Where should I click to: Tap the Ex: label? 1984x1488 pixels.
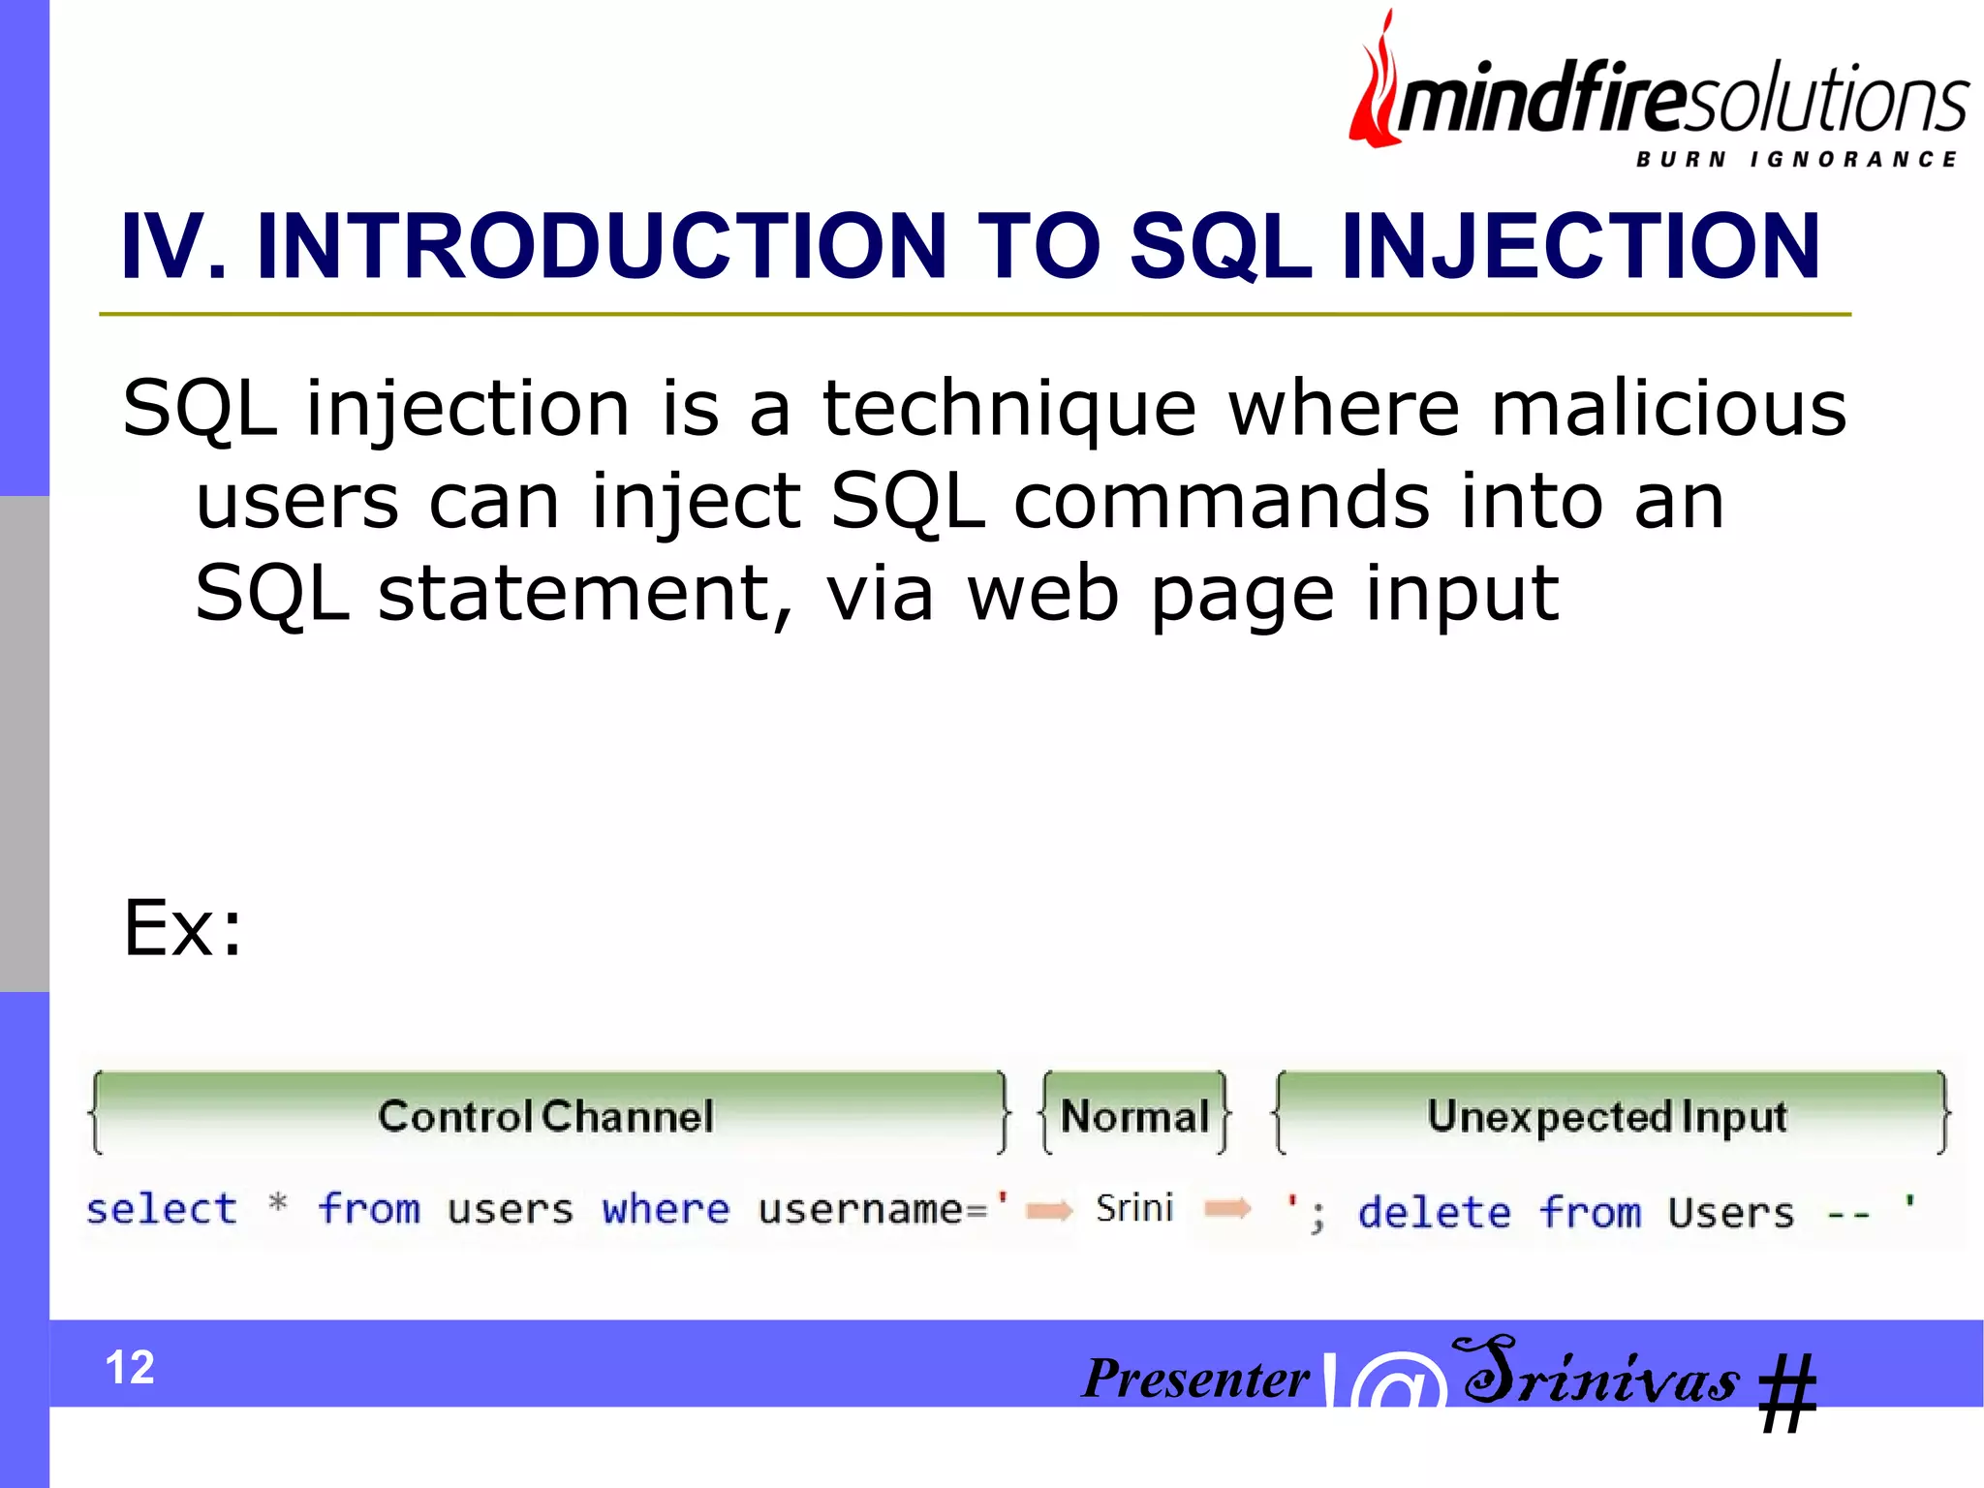pos(182,928)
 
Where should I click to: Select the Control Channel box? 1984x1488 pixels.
pos(547,1115)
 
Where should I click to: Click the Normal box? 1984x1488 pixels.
pos(1134,1115)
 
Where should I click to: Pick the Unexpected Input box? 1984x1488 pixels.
pos(1607,1115)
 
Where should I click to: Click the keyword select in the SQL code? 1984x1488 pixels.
pos(161,1209)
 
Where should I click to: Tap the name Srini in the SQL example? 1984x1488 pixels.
pos(1134,1208)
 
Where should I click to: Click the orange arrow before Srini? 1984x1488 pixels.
pos(1049,1210)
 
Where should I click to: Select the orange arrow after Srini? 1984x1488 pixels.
pos(1227,1208)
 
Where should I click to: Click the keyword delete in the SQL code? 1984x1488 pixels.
pos(1434,1212)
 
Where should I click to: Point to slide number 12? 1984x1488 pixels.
pos(130,1367)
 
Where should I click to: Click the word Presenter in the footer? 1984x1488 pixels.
pos(1195,1379)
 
